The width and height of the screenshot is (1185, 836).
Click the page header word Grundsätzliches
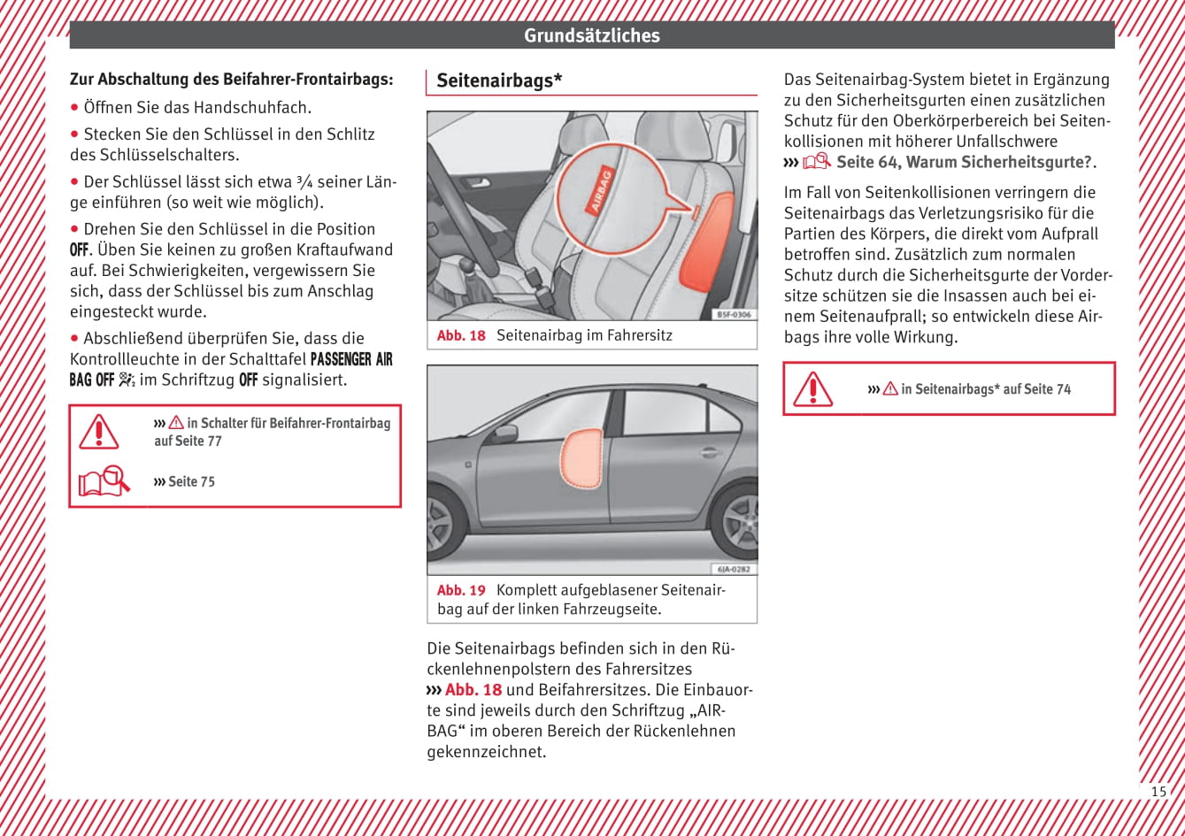point(591,35)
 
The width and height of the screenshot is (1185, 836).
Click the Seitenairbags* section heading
point(499,81)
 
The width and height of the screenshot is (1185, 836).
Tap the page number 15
point(1158,791)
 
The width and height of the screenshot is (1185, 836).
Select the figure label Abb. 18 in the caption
point(461,336)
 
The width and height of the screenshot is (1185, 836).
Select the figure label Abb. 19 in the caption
point(461,590)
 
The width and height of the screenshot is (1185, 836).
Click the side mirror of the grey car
point(504,434)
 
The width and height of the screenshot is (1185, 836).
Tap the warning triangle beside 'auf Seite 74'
point(812,388)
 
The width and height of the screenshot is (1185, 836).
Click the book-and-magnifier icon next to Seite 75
point(103,481)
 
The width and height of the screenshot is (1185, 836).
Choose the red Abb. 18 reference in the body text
point(473,690)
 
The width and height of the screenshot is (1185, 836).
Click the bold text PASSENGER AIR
point(351,359)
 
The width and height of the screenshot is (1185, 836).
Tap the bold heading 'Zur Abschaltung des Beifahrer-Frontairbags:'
point(232,79)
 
